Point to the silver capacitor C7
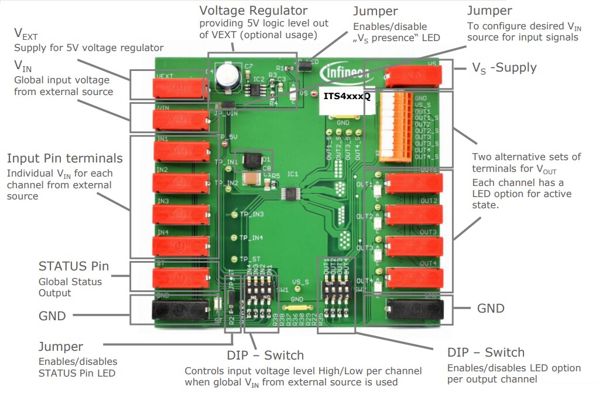coord(226,77)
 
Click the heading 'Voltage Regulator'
coord(253,11)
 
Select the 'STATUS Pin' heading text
coord(73,266)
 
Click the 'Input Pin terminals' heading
coord(64,158)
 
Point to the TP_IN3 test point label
coord(251,215)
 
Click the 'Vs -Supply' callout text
coord(504,67)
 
